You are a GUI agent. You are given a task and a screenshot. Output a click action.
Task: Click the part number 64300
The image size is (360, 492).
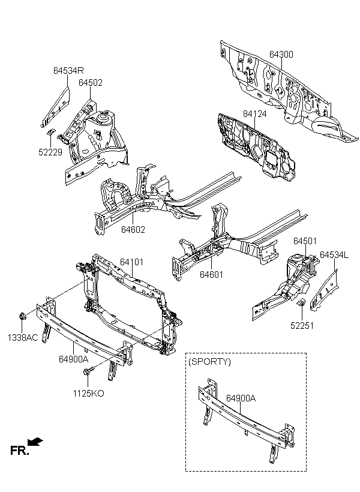[281, 54]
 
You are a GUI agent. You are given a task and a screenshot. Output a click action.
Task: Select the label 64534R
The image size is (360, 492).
[68, 71]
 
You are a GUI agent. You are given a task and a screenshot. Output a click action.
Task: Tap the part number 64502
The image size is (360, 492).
[91, 83]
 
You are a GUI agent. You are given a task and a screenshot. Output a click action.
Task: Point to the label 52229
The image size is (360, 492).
[50, 152]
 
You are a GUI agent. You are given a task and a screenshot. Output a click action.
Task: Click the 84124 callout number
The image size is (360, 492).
[254, 114]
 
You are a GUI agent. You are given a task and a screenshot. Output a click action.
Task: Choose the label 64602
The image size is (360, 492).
[133, 230]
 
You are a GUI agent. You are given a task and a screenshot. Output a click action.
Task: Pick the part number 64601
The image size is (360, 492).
[212, 275]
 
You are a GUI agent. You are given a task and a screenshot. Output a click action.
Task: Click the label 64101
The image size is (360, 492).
[132, 262]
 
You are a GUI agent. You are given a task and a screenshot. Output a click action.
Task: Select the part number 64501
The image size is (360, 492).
[305, 241]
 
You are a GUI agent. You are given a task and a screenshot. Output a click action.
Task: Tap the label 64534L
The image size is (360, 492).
[334, 255]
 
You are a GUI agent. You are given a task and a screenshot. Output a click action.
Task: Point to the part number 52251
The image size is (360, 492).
[302, 326]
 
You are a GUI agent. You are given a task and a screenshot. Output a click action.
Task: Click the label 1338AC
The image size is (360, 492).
[23, 338]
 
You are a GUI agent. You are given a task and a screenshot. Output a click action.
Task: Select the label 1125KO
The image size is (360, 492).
[89, 393]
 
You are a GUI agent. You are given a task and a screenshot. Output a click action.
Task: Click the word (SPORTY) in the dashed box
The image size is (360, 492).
[209, 362]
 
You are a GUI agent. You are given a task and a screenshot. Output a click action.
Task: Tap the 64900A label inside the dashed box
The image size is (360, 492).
[241, 398]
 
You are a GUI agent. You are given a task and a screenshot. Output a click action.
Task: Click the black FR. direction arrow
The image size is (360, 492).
[35, 442]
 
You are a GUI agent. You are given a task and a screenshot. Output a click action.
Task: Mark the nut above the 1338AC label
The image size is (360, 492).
[23, 316]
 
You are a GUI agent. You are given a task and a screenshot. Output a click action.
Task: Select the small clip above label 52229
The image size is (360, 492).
[50, 132]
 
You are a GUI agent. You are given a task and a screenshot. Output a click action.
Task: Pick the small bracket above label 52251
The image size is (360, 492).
[302, 302]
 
